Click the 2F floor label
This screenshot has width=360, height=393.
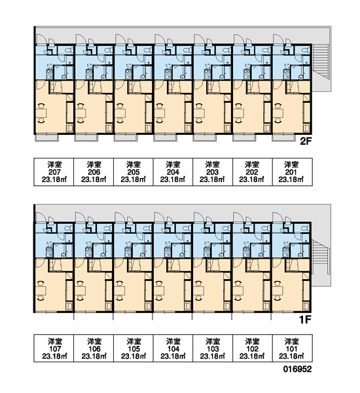coord(306,141)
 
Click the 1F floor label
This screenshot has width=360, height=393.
coord(306,320)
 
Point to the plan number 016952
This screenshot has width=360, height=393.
coord(297,369)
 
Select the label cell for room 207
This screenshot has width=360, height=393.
coord(54,172)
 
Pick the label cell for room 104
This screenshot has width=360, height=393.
coord(173,348)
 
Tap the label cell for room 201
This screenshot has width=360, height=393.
coord(293,172)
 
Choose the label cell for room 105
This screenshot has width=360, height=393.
coord(134,348)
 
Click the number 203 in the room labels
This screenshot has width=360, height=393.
coord(213,172)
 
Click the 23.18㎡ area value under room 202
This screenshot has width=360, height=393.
coord(252,179)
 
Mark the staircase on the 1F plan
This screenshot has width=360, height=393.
coord(321,256)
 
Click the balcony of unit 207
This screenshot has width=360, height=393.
coord(46,138)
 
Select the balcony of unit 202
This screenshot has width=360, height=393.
coord(244,138)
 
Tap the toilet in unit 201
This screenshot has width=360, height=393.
coord(306,50)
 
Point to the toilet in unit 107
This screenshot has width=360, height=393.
coord(68,229)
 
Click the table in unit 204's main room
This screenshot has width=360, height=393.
coord(160,113)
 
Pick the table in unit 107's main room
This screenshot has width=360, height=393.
coord(41,291)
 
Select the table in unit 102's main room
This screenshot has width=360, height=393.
coord(238,291)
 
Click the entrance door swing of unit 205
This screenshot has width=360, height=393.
coord(120,39)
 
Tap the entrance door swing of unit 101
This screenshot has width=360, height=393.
coord(278,217)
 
